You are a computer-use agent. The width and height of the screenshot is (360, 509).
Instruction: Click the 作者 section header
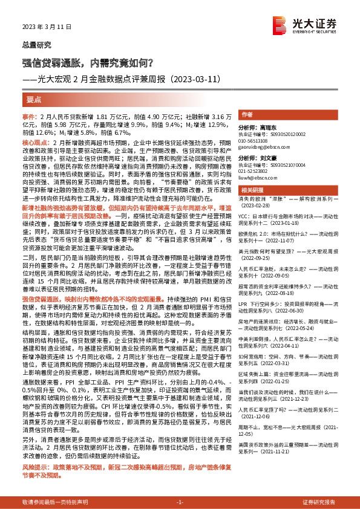tap(247, 115)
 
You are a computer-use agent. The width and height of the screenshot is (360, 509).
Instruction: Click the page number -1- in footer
tap(179, 502)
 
